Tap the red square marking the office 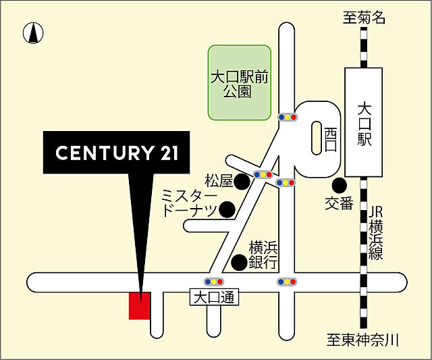[x=140, y=306]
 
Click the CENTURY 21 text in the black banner [x=117, y=153]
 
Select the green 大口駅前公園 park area [x=240, y=82]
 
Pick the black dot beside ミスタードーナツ [x=228, y=210]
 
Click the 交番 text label [x=338, y=203]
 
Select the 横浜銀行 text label [x=263, y=255]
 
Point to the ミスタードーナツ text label [x=190, y=203]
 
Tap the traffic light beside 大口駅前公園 [x=288, y=117]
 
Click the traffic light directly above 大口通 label [x=214, y=281]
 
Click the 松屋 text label [x=219, y=181]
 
